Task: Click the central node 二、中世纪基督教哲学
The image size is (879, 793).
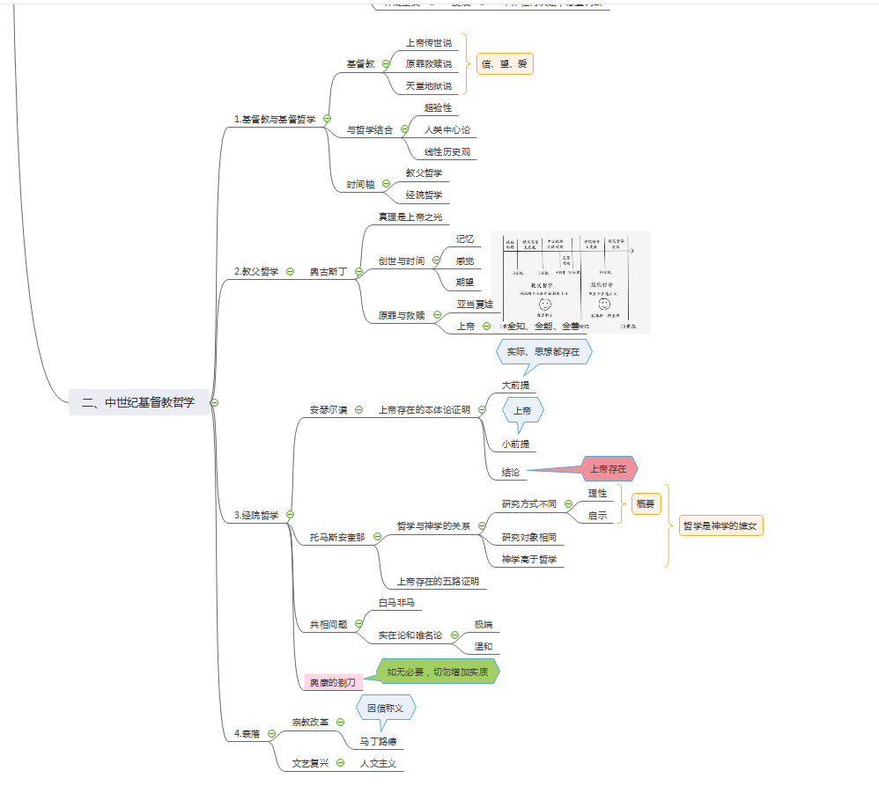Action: [x=138, y=402]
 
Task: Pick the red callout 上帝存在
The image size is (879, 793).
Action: [x=608, y=469]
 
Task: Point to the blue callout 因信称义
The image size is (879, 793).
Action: [x=385, y=707]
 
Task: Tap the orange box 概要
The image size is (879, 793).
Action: [x=646, y=504]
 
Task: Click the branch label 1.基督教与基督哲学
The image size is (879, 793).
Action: [x=275, y=118]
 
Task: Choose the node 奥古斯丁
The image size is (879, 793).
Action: [x=328, y=272]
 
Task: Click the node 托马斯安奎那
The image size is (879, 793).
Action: [x=337, y=537]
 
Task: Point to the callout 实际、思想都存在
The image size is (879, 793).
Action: [x=543, y=352]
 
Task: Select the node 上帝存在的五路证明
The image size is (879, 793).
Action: [x=438, y=581]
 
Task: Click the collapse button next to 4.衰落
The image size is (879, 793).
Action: [x=271, y=733]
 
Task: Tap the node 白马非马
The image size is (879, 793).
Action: [x=395, y=603]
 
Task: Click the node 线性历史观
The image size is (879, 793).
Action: [x=450, y=151]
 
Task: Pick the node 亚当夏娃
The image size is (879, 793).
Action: [x=475, y=304]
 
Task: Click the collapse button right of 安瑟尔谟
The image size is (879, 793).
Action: [x=358, y=409]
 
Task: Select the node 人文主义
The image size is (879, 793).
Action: [x=380, y=763]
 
